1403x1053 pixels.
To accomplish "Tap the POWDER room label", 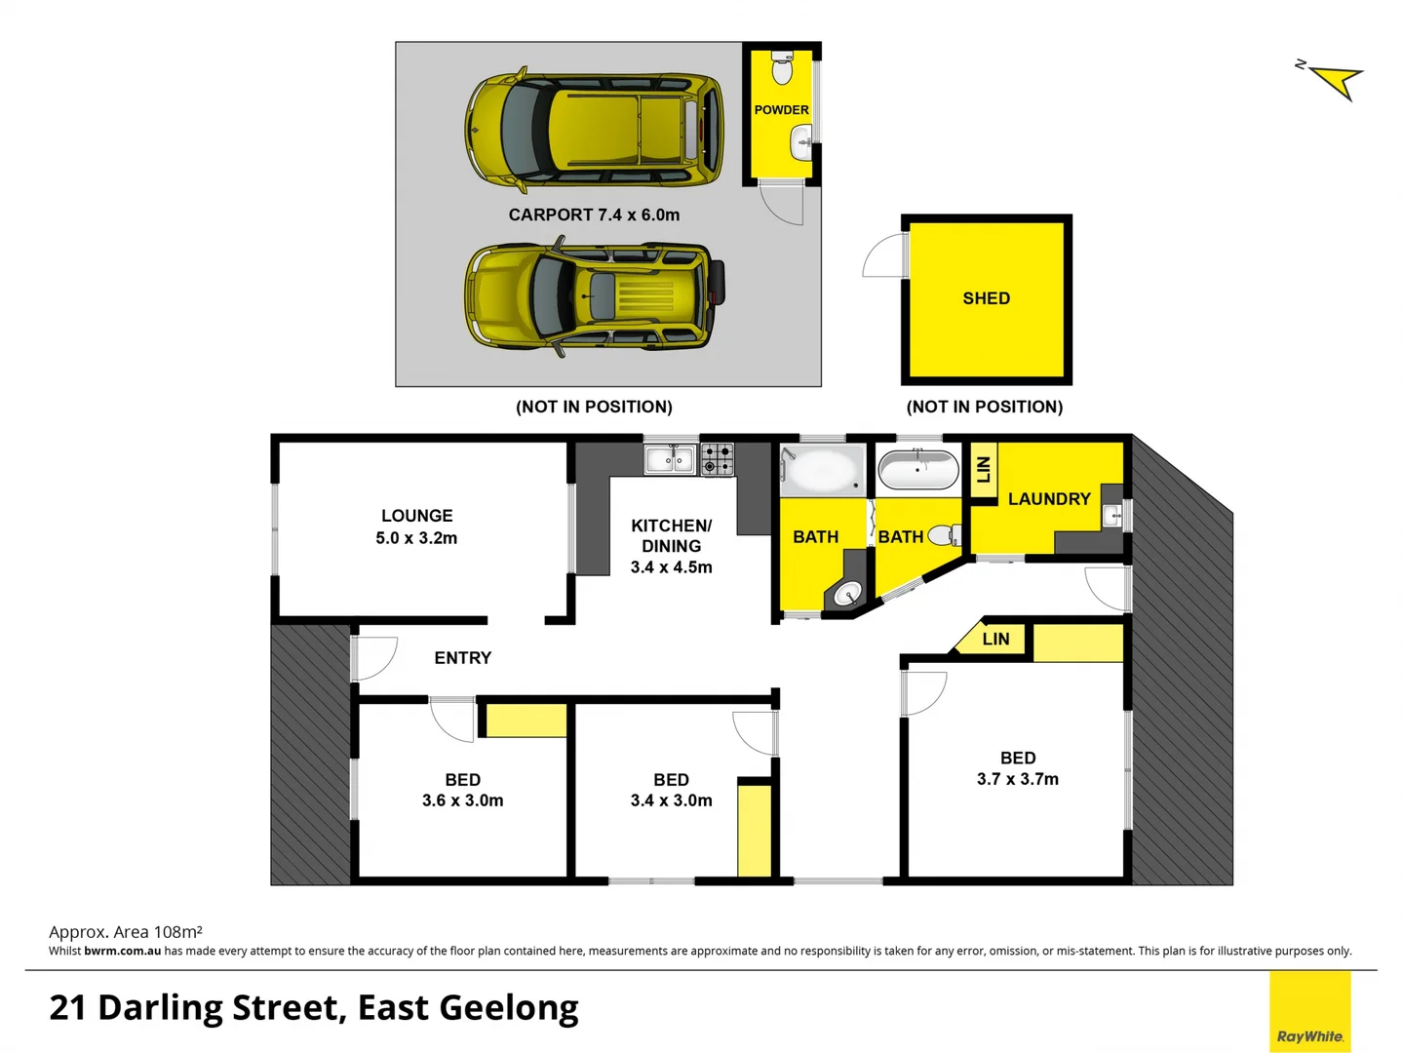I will [x=781, y=110].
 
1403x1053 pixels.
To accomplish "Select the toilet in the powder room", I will [x=782, y=68].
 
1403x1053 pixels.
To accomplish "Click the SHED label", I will [x=986, y=298].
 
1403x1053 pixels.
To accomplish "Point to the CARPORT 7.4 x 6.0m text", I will [x=594, y=214].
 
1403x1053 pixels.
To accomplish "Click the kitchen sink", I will [x=670, y=458].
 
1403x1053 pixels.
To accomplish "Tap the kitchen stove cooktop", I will [x=718, y=458].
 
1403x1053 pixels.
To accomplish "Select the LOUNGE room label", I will [x=416, y=516].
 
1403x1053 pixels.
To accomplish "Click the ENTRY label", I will [x=462, y=658].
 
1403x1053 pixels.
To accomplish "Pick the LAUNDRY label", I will [x=1048, y=499].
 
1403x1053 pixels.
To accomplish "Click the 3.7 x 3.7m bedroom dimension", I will [x=1017, y=779].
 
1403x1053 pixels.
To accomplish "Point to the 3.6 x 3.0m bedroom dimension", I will [x=462, y=800].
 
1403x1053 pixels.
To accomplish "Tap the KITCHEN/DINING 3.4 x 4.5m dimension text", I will [x=671, y=567].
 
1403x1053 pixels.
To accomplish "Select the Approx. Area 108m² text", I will [x=126, y=932].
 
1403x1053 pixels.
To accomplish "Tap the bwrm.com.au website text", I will [x=122, y=951].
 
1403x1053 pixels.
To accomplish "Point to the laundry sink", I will [x=1111, y=516].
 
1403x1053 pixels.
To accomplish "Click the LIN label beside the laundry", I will [x=983, y=470].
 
